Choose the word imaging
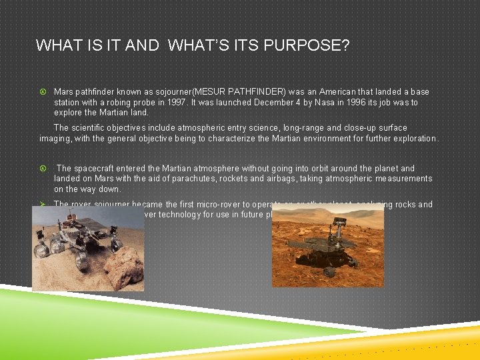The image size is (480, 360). (56, 139)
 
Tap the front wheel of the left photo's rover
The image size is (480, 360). (43, 251)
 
